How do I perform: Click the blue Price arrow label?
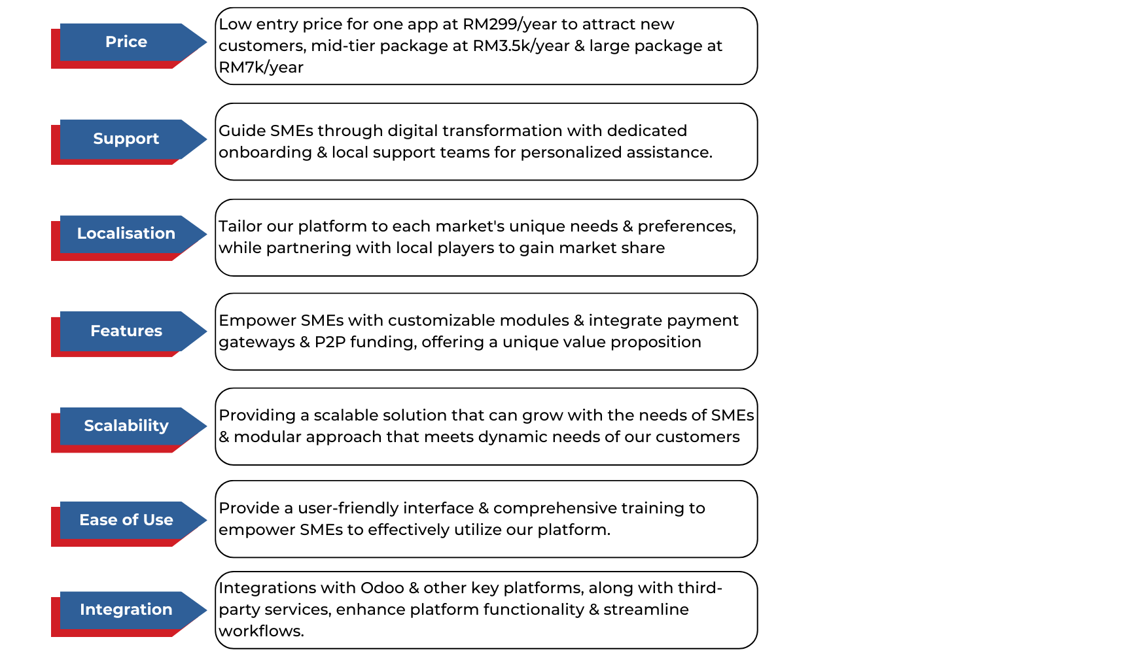[x=126, y=42]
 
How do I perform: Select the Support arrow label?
[x=126, y=139]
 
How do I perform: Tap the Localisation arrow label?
[x=126, y=233]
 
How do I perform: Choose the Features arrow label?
[x=126, y=331]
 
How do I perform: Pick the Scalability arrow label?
[x=126, y=426]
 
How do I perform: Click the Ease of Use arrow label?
[x=126, y=520]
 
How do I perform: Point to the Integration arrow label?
[x=126, y=610]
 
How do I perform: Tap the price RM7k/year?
[x=261, y=68]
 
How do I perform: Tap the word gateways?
[x=256, y=343]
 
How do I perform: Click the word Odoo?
[x=382, y=588]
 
